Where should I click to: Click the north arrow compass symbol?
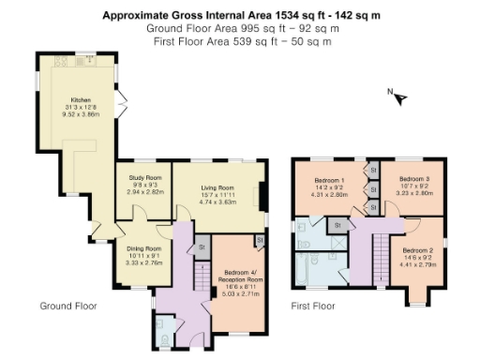[x=400, y=96]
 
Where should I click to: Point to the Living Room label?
[x=217, y=187]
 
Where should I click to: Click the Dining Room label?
[x=144, y=248]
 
